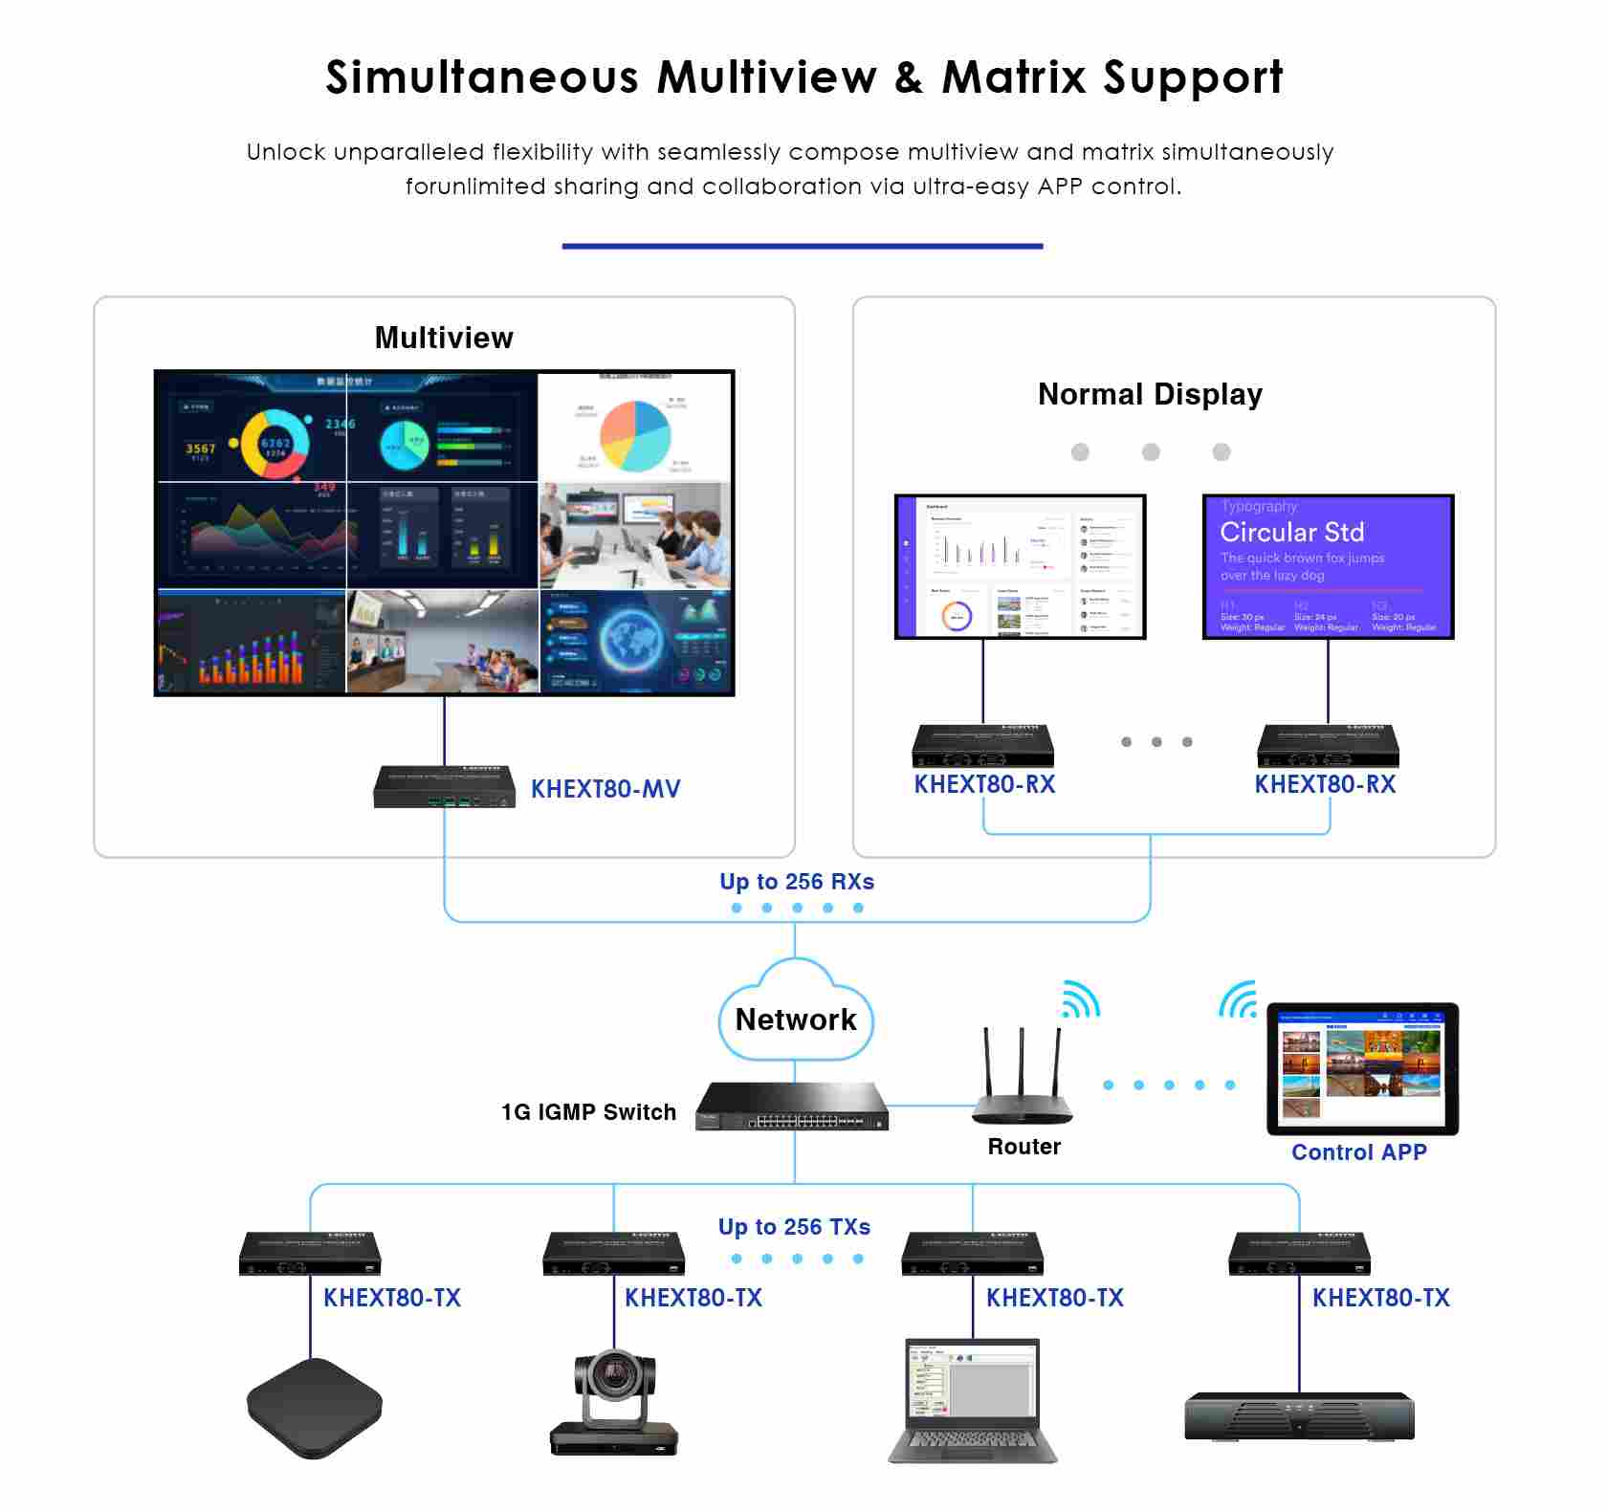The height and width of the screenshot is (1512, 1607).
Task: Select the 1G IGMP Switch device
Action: click(792, 1107)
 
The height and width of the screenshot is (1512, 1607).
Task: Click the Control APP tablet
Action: click(1362, 1068)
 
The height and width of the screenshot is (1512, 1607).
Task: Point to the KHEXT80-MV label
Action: click(605, 789)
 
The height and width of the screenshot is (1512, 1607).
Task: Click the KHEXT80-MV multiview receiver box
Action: click(444, 786)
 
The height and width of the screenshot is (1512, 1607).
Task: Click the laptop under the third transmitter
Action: click(972, 1400)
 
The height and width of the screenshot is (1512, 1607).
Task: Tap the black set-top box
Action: click(315, 1407)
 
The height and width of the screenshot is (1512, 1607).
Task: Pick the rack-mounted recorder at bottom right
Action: click(1299, 1416)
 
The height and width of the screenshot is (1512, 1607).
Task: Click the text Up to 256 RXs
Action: click(797, 882)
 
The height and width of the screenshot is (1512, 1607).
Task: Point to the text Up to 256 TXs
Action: click(794, 1227)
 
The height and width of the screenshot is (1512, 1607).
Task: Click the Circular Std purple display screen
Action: click(1328, 566)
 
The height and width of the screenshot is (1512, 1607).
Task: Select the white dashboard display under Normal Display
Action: click(1020, 566)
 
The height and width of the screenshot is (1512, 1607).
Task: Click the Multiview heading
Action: click(444, 338)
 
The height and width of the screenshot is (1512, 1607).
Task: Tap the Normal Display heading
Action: click(1150, 394)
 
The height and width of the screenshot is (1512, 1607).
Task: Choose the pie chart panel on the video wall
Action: click(635, 427)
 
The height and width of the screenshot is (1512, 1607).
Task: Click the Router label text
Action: click(1024, 1147)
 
